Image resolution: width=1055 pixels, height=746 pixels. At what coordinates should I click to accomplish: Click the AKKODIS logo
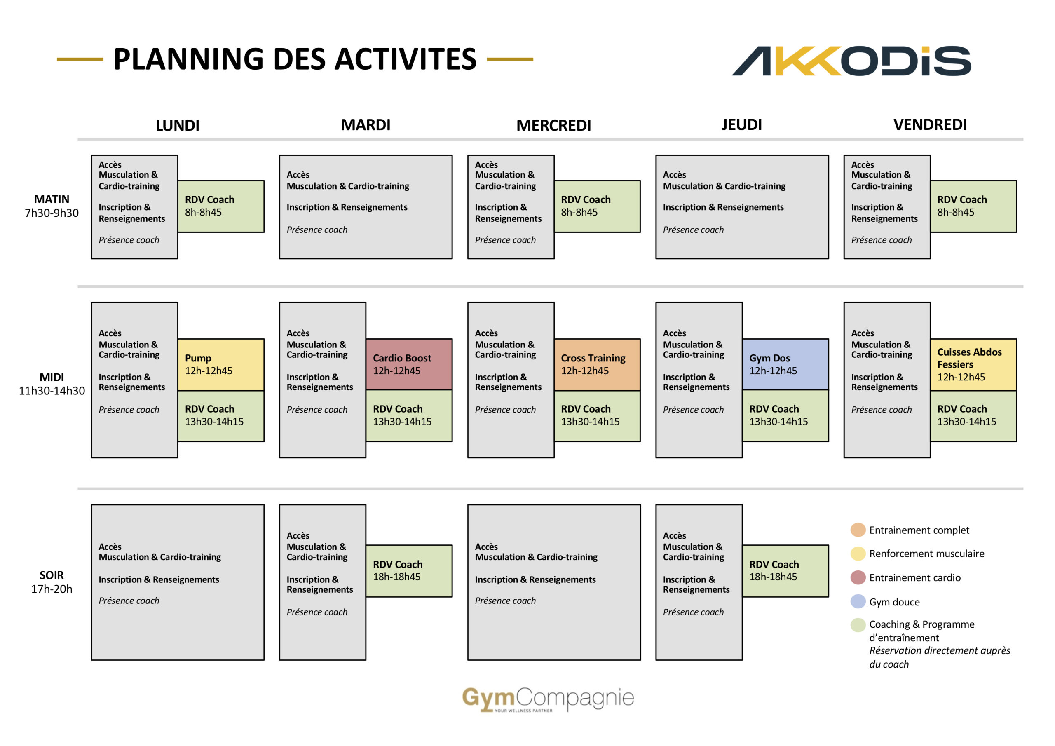[x=851, y=61]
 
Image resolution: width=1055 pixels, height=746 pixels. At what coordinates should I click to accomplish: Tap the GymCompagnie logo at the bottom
[x=548, y=699]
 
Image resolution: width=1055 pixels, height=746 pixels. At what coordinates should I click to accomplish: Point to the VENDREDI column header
[x=930, y=124]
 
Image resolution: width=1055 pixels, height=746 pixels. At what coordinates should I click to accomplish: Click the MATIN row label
[x=52, y=199]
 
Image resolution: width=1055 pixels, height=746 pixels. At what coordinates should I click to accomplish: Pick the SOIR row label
[x=52, y=575]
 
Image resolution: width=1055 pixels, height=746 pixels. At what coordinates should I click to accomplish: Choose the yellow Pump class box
[x=221, y=365]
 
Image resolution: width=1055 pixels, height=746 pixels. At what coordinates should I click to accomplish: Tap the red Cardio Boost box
[x=409, y=364]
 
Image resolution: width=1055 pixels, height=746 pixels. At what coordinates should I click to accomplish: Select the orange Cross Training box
[x=597, y=365]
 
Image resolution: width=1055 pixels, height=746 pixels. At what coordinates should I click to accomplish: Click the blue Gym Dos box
[x=785, y=364]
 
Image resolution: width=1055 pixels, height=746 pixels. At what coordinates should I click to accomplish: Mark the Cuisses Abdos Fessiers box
[x=973, y=365]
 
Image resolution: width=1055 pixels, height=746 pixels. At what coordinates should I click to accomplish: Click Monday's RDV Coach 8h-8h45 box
[x=221, y=206]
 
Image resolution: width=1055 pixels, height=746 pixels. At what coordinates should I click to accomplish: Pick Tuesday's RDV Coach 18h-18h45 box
[x=409, y=571]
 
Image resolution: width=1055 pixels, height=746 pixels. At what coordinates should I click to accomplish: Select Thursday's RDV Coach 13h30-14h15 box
[x=785, y=416]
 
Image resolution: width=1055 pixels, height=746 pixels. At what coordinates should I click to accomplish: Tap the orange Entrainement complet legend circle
[x=858, y=530]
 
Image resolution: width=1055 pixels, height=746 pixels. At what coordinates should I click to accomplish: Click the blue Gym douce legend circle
[x=858, y=601]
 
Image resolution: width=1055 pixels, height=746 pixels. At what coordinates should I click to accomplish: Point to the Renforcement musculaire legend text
[x=926, y=554]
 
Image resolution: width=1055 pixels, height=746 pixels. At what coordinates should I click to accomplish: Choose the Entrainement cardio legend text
[x=914, y=578]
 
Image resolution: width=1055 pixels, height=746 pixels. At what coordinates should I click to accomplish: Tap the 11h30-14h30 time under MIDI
[x=52, y=391]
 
